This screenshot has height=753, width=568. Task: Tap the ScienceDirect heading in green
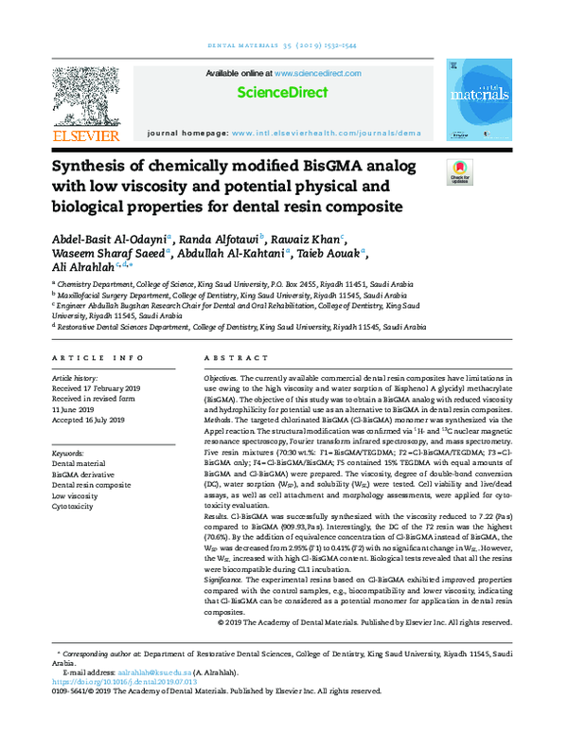pos(282,93)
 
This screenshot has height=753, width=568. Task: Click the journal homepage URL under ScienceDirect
pos(327,134)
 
